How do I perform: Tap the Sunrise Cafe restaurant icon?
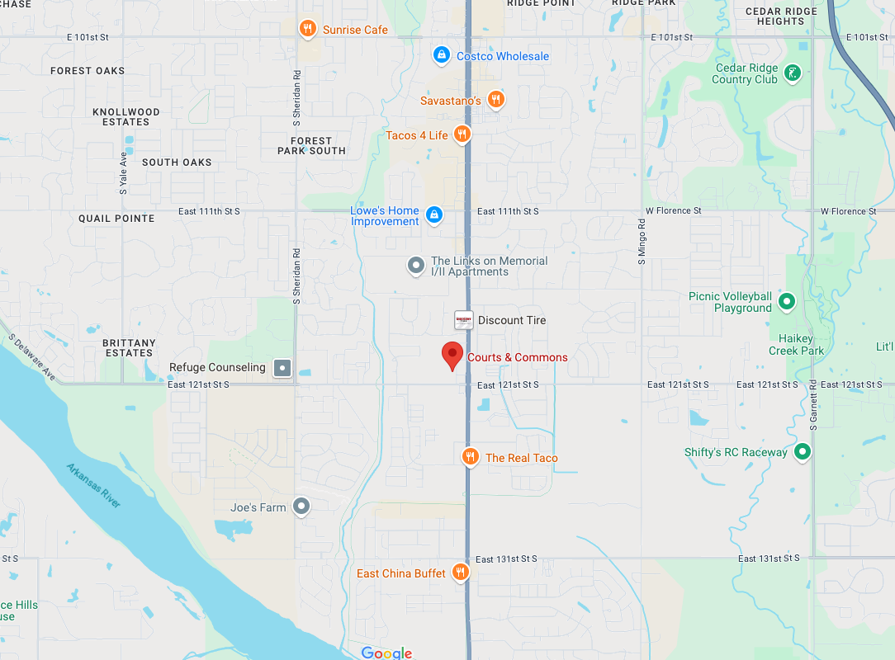[308, 29]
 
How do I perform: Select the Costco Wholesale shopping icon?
[442, 55]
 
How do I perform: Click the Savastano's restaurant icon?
[495, 100]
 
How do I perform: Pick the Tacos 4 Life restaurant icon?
[462, 134]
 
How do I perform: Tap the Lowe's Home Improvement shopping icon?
[433, 215]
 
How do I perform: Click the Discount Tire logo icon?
[464, 320]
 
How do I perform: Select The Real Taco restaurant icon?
[470, 457]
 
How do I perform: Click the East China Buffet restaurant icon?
[461, 573]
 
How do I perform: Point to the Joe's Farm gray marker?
[302, 507]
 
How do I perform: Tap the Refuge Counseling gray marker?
[282, 367]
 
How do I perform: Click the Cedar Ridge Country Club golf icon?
[792, 73]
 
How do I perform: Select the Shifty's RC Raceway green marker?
[802, 452]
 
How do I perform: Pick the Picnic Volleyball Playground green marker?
[787, 302]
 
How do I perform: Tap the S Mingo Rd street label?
[642, 242]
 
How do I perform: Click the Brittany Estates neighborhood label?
[130, 347]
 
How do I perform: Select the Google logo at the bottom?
[386, 653]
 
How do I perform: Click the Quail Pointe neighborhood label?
[116, 219]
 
